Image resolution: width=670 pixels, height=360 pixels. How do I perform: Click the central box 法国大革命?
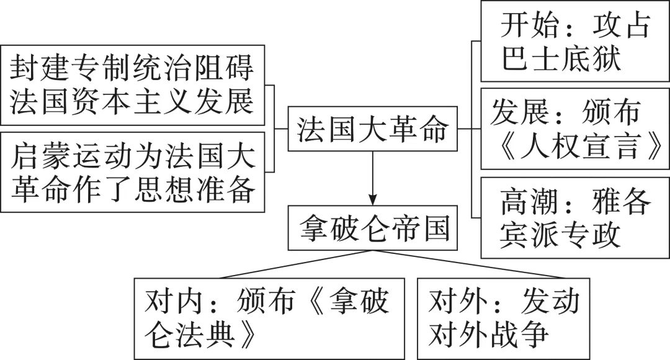coord(373,128)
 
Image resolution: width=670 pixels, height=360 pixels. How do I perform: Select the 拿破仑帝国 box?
coord(373,228)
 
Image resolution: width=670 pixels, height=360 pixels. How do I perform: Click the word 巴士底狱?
coord(561,58)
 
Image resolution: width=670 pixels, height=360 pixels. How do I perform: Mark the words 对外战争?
coord(488,334)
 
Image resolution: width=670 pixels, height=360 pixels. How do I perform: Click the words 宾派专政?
coord(560,234)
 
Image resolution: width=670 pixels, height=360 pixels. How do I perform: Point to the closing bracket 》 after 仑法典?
coord(247,334)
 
